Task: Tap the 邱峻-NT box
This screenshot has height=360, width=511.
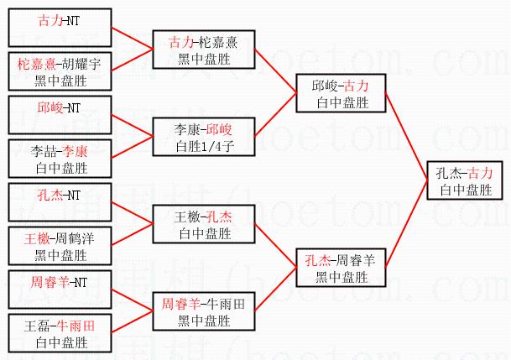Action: pos(63,115)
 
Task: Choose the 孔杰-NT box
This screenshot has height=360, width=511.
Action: pos(63,201)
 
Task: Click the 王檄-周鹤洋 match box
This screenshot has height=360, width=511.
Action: pos(63,246)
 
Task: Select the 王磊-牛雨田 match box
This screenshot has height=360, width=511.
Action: pos(63,334)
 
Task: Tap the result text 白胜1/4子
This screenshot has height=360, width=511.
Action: pos(204,146)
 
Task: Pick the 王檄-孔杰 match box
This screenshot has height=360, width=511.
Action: pos(204,224)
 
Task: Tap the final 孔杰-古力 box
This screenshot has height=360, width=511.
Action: pos(464,180)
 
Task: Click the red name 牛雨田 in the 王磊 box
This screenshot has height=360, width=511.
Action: pos(75,326)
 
